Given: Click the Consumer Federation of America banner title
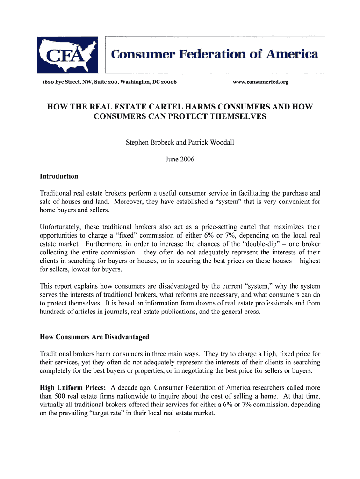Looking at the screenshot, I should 215,54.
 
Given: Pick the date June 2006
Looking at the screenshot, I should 180,159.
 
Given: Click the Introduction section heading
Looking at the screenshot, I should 59,176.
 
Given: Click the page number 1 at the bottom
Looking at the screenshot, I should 180,434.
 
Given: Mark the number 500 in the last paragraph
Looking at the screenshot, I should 63,396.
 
